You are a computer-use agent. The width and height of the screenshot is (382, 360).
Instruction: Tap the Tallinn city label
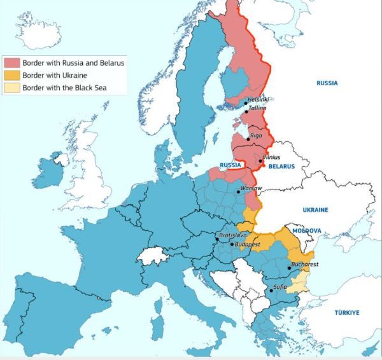pos(258,109)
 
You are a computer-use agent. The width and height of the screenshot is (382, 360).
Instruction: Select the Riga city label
pos(256,135)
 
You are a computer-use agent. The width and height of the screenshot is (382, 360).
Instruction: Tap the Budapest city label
pos(248,244)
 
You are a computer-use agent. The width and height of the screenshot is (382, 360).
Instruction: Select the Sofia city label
pos(279,287)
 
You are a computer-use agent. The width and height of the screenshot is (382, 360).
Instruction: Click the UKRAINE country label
pos(315,209)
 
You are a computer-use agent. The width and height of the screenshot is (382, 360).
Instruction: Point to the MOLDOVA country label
pos(306,230)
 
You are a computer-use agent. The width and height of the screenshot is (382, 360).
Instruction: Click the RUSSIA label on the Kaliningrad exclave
pos(229,165)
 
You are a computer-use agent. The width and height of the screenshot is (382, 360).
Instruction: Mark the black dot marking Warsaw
pos(238,191)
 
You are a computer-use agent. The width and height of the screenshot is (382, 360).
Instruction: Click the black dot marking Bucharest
pos(290,268)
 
